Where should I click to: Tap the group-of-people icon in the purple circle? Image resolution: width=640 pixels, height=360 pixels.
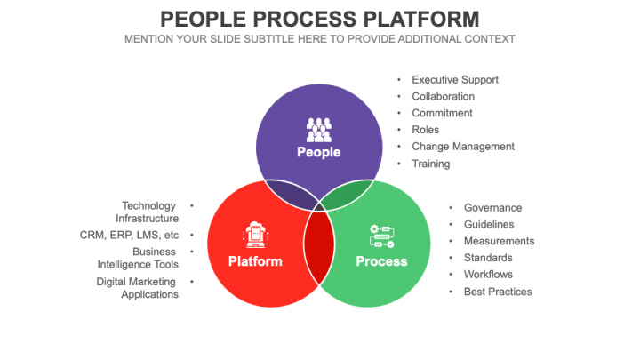[319, 130]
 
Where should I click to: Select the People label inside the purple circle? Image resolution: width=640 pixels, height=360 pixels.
[319, 152]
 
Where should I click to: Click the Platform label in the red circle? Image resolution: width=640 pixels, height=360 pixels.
[255, 261]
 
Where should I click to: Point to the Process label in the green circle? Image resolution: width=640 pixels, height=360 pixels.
[381, 261]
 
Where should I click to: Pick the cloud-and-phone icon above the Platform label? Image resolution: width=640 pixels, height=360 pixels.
[255, 235]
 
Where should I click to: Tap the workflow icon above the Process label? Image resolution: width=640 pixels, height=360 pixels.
[381, 236]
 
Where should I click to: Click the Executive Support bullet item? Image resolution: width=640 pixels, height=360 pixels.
[454, 79]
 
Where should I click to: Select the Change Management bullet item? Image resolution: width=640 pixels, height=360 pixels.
[462, 147]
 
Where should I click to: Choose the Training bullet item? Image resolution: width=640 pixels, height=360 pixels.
[430, 164]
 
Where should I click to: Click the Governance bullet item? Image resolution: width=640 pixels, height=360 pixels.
[492, 207]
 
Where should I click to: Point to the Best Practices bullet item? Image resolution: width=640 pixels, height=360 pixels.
[497, 292]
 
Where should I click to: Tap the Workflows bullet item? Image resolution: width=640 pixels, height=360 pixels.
[488, 275]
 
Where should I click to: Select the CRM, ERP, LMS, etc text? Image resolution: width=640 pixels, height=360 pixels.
[129, 236]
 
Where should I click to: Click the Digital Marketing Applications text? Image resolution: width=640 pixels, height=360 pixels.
[138, 288]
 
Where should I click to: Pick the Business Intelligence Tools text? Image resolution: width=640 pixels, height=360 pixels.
[138, 258]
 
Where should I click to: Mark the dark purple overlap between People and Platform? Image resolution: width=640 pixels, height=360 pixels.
[288, 193]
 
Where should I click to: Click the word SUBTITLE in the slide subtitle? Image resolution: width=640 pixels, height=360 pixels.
[271, 39]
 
